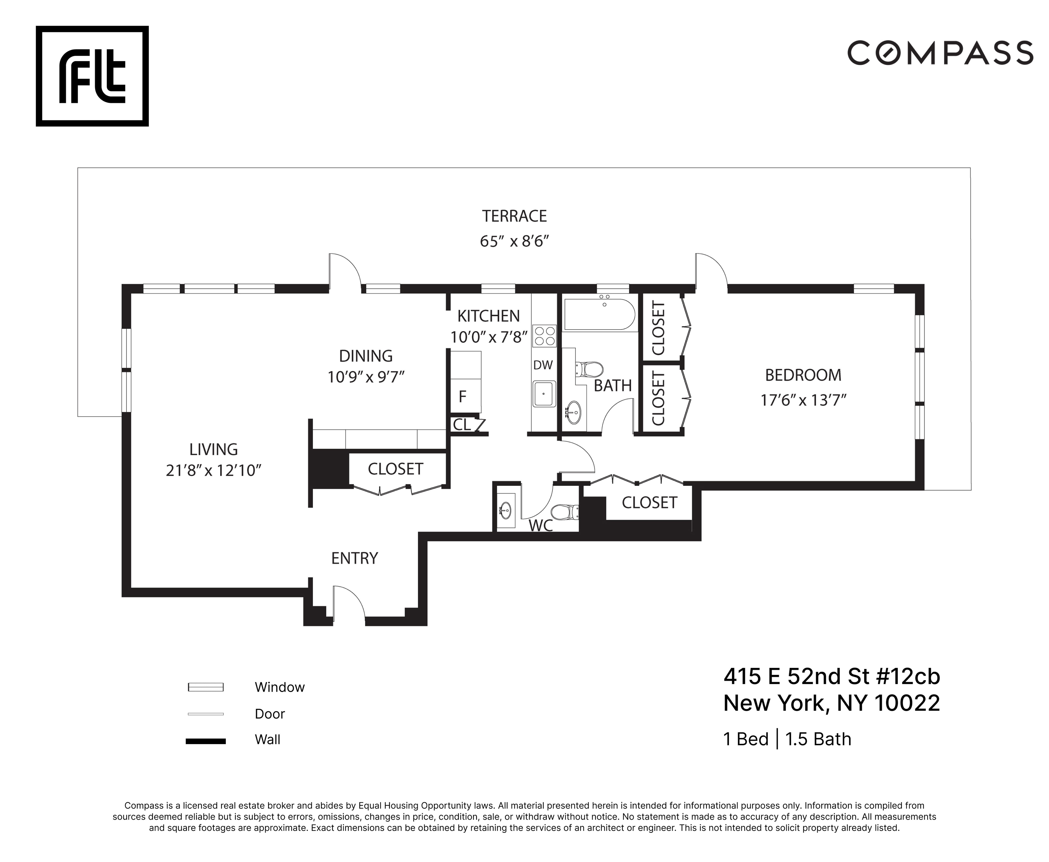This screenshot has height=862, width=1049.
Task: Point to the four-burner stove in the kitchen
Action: click(x=544, y=336)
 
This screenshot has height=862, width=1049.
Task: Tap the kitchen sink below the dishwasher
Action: click(x=544, y=394)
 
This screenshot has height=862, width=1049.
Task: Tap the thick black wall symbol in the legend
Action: click(x=206, y=741)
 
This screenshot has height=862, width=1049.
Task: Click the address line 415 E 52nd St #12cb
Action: click(x=831, y=676)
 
